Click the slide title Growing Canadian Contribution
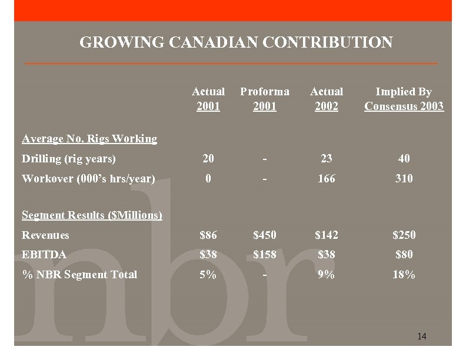235,43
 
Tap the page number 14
421,336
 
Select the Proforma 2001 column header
264,99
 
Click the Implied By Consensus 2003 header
404,99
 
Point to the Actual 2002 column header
327,99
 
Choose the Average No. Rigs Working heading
89,139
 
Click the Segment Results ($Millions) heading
92,215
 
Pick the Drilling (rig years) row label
69,158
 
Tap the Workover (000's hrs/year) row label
88,178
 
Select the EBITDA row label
44,255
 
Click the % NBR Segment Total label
79,274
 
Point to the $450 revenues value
264,235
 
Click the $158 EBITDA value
264,255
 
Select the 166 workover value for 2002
327,178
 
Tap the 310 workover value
404,178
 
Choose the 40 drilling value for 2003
404,158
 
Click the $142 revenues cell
327,235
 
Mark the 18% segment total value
404,274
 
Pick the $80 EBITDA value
404,255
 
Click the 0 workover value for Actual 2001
208,178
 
